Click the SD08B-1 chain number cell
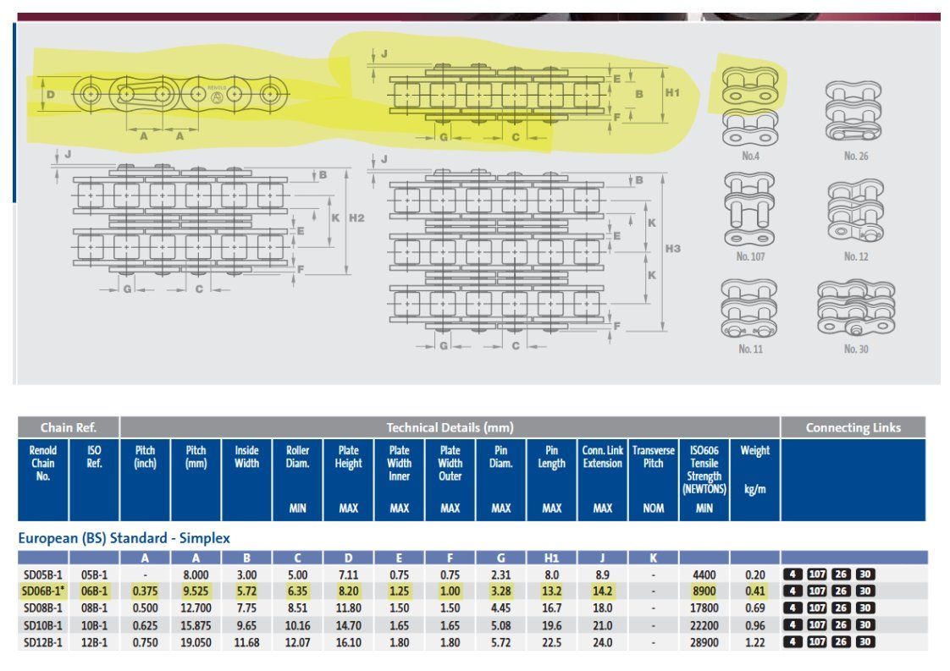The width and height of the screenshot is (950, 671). tap(42, 608)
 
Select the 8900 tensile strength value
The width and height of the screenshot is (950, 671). tap(704, 591)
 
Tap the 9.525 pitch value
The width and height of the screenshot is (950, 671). tap(196, 591)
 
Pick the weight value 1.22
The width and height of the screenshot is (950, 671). tap(755, 642)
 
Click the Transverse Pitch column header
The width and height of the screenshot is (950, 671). tap(653, 457)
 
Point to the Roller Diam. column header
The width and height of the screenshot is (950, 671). tap(297, 457)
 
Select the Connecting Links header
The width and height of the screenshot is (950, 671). tap(853, 427)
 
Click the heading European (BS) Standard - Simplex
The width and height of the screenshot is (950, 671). tap(124, 538)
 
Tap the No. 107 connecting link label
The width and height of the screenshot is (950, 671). tap(750, 256)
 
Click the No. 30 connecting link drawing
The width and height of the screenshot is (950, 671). tap(856, 309)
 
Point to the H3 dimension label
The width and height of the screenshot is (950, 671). tap(673, 248)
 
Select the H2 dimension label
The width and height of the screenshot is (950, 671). tap(356, 218)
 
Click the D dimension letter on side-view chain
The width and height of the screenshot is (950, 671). tap(51, 95)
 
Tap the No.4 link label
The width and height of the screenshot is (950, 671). tap(751, 157)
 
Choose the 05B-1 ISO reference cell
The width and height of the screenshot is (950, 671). tap(95, 575)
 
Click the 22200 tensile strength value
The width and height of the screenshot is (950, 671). tap(704, 625)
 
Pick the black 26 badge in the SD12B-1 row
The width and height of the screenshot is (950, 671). tap(841, 642)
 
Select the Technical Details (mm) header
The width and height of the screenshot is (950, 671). tap(450, 427)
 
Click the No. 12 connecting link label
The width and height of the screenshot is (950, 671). tap(856, 256)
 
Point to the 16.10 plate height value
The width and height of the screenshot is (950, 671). tap(348, 642)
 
